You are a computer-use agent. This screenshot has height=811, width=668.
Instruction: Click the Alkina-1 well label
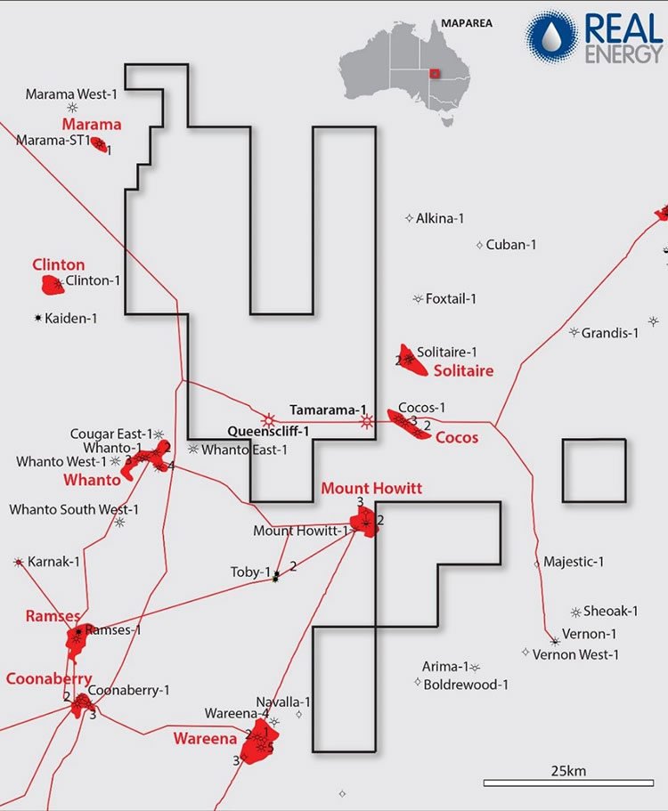pos(440,218)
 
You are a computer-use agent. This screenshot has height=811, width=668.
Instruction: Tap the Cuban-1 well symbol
pos(479,245)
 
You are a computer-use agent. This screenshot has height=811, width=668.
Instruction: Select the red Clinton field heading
pos(59,264)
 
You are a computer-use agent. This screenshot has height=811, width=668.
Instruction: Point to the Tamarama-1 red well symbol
pos(367,422)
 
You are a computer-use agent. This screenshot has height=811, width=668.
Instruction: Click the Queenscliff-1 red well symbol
pos(267,419)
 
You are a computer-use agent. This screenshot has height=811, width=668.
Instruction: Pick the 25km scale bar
pos(568,783)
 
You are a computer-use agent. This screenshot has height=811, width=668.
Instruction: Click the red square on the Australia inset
pos(436,74)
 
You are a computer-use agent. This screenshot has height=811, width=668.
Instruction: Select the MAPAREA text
pos(466,23)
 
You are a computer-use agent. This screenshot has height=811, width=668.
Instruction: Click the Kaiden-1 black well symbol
pos(37,318)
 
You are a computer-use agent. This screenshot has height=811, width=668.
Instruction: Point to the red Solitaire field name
pos(463,370)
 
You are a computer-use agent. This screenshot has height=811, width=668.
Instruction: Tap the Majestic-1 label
pos(574,562)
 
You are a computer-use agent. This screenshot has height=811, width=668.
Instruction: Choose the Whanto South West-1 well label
pos(74,509)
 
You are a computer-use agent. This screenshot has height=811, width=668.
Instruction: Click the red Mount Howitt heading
pos(371,488)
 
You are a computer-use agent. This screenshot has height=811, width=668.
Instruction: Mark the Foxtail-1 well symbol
pos(418,298)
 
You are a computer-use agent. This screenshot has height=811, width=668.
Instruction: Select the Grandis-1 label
pos(610,333)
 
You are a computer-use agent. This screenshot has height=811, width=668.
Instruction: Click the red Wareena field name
pos(205,738)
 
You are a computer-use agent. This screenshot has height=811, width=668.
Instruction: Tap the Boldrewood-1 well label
pos(466,685)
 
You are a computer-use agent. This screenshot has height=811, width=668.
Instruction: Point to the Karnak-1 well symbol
pos(19,562)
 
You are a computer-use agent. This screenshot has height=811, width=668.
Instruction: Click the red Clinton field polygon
pos(53,285)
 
